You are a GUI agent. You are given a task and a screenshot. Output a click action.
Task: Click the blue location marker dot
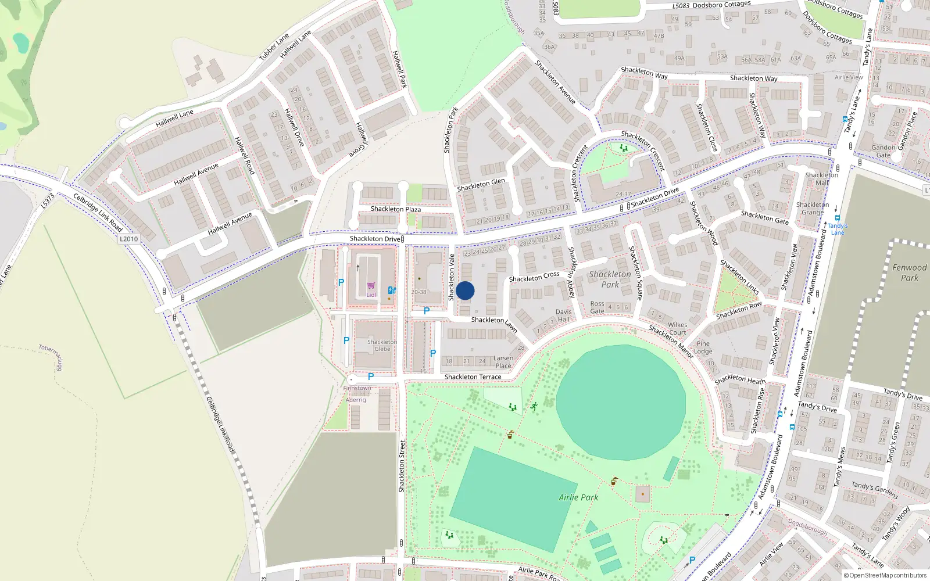[x=465, y=290]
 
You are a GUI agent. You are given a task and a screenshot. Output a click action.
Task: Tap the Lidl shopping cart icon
[x=371, y=286]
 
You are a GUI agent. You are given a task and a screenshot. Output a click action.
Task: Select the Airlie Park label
[x=578, y=497]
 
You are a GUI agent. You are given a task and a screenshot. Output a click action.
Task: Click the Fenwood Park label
[x=910, y=272]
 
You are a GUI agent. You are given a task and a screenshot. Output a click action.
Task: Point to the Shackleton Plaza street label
[x=396, y=209]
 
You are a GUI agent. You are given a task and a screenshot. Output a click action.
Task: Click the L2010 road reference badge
[x=128, y=239]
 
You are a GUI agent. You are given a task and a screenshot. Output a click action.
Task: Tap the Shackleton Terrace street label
[x=473, y=377]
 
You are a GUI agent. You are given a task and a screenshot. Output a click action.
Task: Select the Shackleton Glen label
[x=481, y=185]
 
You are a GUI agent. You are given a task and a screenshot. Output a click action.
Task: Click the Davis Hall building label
[x=563, y=315]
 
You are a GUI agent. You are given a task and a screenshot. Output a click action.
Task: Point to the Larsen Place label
[x=503, y=362]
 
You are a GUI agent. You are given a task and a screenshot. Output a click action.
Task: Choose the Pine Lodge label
[x=703, y=347]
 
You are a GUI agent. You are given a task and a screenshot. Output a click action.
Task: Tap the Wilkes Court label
[x=677, y=328]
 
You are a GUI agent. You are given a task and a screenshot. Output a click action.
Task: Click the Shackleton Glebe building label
[x=382, y=345]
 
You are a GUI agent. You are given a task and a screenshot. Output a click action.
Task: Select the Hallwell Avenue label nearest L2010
[x=230, y=223]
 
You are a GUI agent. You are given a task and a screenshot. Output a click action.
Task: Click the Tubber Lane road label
[x=274, y=46]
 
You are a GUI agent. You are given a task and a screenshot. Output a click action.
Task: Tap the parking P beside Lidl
[x=341, y=282]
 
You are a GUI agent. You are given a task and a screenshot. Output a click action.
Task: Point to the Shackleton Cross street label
[x=534, y=277]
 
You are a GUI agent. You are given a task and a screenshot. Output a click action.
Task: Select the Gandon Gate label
[x=883, y=151]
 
